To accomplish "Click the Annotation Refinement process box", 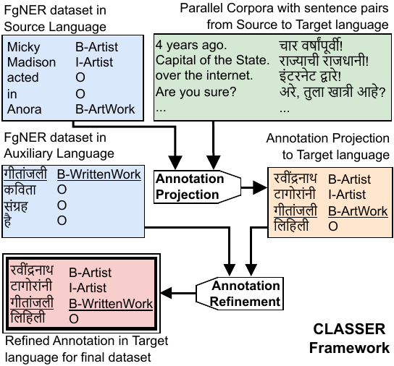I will [245, 294].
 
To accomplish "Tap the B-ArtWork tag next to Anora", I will [106, 109].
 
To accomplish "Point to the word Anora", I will [23, 109].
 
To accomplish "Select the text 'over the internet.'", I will [203, 76].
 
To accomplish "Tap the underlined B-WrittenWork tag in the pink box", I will [111, 304].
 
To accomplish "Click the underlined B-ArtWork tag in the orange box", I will [358, 210].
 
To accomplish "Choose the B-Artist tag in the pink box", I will [91, 273].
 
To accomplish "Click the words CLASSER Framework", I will [349, 339].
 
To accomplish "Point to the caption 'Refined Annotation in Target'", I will [85, 341].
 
